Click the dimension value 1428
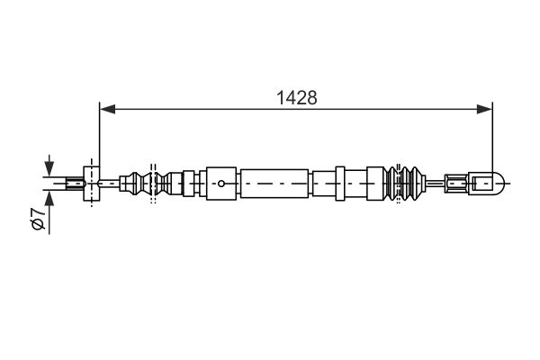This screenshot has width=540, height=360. pyautogui.click(x=296, y=98)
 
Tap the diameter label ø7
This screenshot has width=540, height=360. pyautogui.click(x=38, y=219)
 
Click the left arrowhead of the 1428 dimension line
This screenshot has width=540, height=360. pyautogui.click(x=107, y=109)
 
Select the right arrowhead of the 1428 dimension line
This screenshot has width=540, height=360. pyautogui.click(x=484, y=109)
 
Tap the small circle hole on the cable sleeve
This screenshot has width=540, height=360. pyautogui.click(x=221, y=184)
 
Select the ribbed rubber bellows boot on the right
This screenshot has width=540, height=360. pyautogui.click(x=403, y=184)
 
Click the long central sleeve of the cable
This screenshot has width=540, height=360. pyautogui.click(x=274, y=184)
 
